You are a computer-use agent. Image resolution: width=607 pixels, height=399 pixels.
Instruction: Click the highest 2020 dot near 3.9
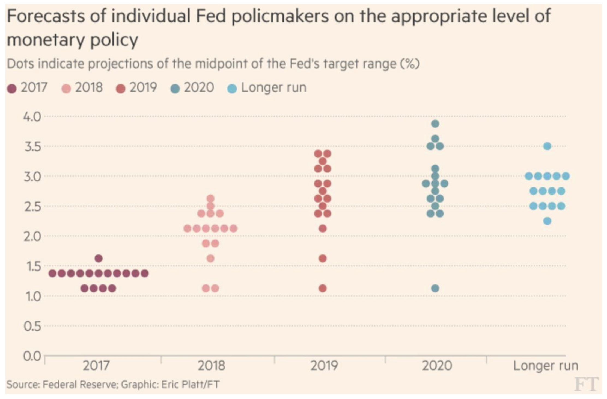[x=435, y=124]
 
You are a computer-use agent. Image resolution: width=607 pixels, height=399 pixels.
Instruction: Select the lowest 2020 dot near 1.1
[x=435, y=288]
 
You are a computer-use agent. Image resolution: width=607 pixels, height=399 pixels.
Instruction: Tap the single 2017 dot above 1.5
[x=99, y=258]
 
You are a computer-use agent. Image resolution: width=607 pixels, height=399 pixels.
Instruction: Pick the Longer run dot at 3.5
[x=547, y=146]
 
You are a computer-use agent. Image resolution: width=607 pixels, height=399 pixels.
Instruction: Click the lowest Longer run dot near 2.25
[x=547, y=221]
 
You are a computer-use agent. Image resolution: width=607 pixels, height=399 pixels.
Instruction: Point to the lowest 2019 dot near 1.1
[x=323, y=288]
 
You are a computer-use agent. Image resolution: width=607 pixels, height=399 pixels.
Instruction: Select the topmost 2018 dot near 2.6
[x=210, y=198]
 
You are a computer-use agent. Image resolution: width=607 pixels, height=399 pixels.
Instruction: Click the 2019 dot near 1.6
[x=323, y=258]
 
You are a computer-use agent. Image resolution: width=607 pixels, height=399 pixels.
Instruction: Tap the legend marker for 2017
[x=12, y=89]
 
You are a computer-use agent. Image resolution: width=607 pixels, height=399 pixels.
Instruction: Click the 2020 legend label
[x=199, y=88]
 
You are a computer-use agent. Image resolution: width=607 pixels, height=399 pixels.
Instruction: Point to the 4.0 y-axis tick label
[x=32, y=117]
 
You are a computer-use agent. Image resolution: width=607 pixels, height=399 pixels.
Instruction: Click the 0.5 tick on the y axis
[x=32, y=326]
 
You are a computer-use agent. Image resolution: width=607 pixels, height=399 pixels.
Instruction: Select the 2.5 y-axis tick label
[x=32, y=206]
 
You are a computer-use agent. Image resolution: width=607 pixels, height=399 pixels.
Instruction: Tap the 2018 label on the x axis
[x=211, y=366]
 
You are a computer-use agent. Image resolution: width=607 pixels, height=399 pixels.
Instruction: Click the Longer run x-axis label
[x=546, y=366]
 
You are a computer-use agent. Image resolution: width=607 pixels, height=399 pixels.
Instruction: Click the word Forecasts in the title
[x=46, y=16]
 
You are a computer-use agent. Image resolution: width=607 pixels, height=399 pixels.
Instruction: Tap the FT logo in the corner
[x=586, y=384]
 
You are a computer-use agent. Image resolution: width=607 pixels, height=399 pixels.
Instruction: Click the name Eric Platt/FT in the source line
[x=190, y=385]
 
